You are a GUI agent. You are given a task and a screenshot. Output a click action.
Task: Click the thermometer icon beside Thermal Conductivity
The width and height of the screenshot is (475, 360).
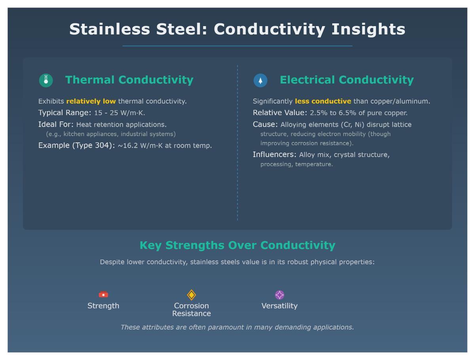(x=46, y=80)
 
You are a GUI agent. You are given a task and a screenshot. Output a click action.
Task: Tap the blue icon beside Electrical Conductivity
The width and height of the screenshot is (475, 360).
(x=260, y=80)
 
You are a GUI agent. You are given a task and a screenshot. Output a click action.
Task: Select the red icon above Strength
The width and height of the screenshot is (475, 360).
(x=103, y=295)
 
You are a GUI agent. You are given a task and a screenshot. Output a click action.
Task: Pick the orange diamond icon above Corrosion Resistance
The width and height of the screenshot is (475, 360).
(x=192, y=295)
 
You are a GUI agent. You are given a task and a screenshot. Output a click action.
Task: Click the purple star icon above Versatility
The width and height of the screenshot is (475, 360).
(x=279, y=295)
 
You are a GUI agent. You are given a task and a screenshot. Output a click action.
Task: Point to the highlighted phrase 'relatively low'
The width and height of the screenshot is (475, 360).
(x=91, y=101)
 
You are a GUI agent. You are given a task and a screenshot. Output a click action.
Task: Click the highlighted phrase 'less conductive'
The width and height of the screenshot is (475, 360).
(x=323, y=101)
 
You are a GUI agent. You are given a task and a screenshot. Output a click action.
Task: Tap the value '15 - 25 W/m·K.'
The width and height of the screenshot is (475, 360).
(x=120, y=113)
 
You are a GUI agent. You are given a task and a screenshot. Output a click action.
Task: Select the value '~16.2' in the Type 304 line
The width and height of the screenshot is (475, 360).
(x=128, y=146)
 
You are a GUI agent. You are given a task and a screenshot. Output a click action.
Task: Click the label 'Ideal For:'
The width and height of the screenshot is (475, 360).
(x=56, y=125)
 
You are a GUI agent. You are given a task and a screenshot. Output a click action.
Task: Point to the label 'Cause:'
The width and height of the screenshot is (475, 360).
(x=265, y=125)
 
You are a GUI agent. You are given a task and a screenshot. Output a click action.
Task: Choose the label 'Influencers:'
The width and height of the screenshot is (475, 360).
(x=274, y=155)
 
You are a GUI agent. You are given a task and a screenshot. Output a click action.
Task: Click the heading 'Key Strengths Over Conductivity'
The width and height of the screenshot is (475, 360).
(x=237, y=245)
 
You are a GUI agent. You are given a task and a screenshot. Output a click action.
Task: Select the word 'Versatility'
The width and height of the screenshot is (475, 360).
(x=279, y=306)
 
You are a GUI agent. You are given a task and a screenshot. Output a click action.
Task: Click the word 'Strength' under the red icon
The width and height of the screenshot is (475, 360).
(x=103, y=306)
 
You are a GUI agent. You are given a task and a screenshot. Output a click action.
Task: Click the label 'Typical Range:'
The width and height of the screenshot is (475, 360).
(x=65, y=113)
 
